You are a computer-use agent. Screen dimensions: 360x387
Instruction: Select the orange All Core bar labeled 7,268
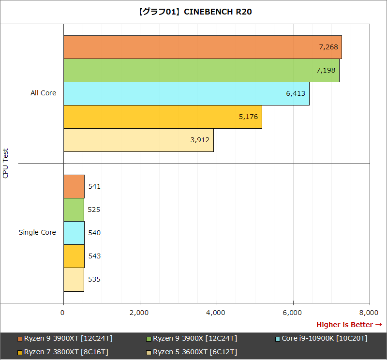pyautogui.click(x=202, y=47)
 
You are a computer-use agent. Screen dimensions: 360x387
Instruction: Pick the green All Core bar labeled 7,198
pyautogui.click(x=201, y=70)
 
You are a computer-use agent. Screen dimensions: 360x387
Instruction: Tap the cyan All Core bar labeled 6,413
pyautogui.click(x=186, y=93)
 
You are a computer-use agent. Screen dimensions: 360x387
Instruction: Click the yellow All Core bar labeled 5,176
pyautogui.click(x=163, y=117)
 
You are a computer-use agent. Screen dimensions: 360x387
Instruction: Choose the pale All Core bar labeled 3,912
pyautogui.click(x=138, y=140)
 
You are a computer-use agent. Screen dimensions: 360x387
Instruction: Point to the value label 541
pyautogui.click(x=94, y=186)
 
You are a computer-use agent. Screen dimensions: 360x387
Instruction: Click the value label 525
pyautogui.click(x=94, y=210)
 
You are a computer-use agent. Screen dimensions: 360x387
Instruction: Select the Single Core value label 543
pyautogui.click(x=94, y=256)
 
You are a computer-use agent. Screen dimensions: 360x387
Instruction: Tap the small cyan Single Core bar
pyautogui.click(x=74, y=233)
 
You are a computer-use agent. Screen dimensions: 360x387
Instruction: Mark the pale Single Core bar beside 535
pyautogui.click(x=74, y=279)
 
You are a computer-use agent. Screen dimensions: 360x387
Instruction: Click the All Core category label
pyautogui.click(x=43, y=93)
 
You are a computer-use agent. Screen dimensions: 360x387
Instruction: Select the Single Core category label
pyautogui.click(x=37, y=232)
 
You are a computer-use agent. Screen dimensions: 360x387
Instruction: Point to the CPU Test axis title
pyautogui.click(x=6, y=163)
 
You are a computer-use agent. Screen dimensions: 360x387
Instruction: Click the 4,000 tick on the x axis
pyautogui.click(x=216, y=313)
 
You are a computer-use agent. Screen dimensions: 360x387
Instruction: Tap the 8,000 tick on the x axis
pyautogui.click(x=369, y=313)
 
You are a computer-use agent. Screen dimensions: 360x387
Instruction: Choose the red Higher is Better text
pyautogui.click(x=349, y=325)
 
